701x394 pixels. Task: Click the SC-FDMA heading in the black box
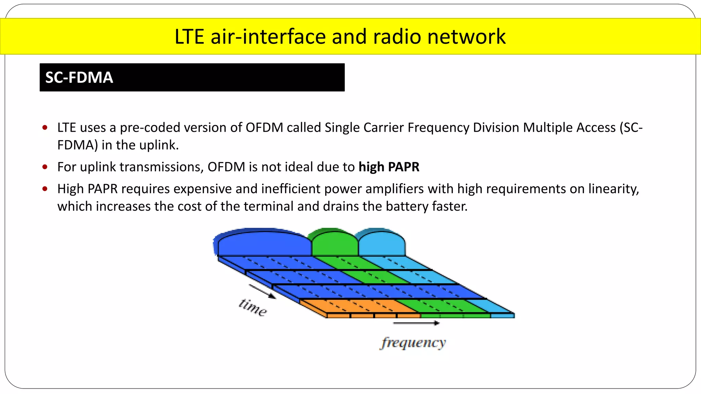(x=79, y=78)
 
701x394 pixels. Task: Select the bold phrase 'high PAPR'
(x=389, y=167)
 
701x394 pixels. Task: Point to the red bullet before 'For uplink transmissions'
(x=45, y=167)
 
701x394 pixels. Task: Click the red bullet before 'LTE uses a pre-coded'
(x=45, y=128)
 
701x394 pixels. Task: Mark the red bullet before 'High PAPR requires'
(x=45, y=189)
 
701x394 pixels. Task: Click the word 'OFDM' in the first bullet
(x=264, y=128)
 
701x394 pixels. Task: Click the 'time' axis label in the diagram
(x=253, y=307)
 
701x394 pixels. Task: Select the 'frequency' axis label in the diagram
(x=413, y=342)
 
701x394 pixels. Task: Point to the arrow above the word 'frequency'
(x=416, y=323)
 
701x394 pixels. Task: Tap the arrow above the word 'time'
(x=262, y=291)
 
